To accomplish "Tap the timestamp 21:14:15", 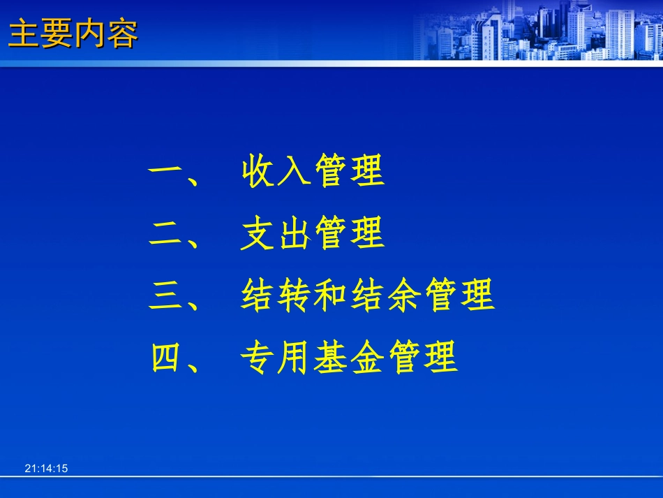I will tap(46, 469).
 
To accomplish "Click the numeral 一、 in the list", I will tap(174, 172).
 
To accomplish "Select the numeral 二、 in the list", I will tap(174, 235).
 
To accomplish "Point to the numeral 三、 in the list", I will tap(174, 296).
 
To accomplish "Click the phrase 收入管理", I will tap(313, 172).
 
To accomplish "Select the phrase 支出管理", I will tap(313, 235).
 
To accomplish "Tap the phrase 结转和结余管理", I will tap(367, 296).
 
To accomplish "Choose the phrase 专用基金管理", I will tap(349, 358).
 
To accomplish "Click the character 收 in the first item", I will tap(258, 172).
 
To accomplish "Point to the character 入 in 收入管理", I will tap(294, 172).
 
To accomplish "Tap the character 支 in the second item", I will tap(258, 235).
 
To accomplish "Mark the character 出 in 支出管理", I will tap(294, 235).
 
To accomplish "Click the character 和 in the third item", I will tap(331, 296).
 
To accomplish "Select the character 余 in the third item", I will tap(403, 296).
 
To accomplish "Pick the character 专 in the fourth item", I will tap(258, 358).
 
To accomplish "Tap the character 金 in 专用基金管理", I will tap(367, 358).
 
